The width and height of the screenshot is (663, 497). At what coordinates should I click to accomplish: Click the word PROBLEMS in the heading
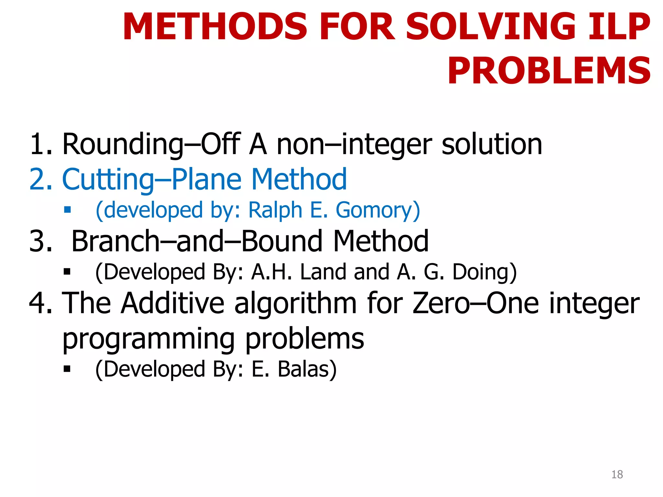coord(549,71)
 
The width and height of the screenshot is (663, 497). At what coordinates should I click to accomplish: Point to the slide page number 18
coord(617,474)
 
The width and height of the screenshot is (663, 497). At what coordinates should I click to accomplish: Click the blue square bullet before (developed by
coord(67,210)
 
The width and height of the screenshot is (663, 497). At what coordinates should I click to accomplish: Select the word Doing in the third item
coord(484,272)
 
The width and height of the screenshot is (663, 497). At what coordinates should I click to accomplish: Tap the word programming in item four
coord(148,339)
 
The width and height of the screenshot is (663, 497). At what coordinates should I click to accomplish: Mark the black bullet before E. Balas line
coord(67,369)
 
